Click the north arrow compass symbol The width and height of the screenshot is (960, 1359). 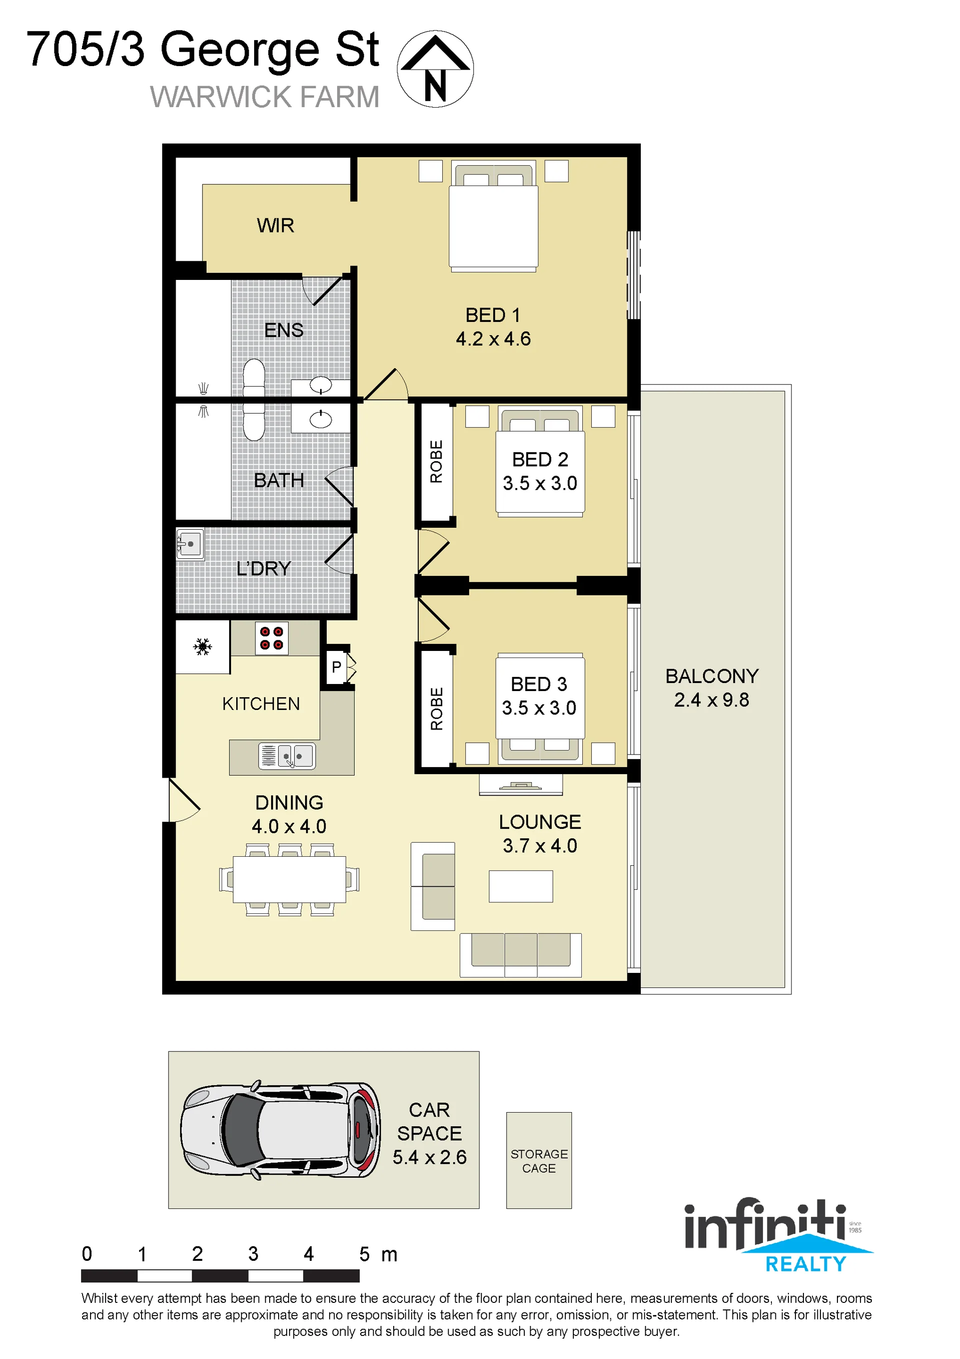coord(435,69)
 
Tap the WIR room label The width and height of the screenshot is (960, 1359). coord(275,225)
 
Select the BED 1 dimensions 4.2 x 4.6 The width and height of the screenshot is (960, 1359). coord(493,338)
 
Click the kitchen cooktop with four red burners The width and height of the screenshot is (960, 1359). coord(272,638)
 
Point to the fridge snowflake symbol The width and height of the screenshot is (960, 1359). coord(202,646)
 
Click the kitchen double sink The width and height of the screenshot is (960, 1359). coord(287,756)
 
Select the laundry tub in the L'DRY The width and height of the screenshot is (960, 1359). coord(190,544)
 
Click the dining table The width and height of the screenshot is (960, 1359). coord(289,880)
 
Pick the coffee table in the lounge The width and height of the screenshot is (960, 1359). coord(520,886)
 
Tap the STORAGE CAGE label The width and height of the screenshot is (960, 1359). coord(539,1161)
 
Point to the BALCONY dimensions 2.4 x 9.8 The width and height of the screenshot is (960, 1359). coord(711,700)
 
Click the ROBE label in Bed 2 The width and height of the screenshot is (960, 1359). coord(436,461)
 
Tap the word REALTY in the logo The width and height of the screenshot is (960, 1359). coord(805,1264)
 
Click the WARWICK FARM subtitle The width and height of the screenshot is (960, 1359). coord(265,97)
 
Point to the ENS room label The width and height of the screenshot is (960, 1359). coord(284,329)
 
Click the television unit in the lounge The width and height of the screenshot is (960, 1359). coord(520,785)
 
